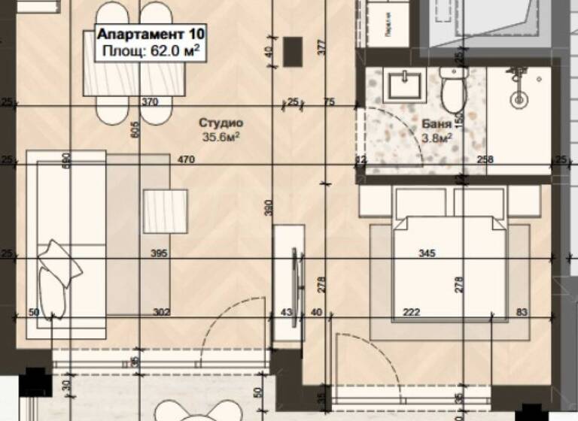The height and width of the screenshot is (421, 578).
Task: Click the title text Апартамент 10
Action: [x=150, y=35]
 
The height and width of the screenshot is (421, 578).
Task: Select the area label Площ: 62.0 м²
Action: [x=150, y=51]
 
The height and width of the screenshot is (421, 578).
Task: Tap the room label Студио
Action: [x=221, y=123]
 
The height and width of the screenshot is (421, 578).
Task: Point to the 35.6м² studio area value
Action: [x=221, y=137]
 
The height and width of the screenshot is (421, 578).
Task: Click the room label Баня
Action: [x=437, y=125]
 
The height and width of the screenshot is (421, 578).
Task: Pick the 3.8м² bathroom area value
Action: [x=437, y=138]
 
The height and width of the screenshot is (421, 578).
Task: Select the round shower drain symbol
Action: [x=518, y=98]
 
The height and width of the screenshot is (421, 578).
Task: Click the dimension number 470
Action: [x=186, y=159]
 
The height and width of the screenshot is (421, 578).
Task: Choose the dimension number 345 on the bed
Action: [x=427, y=255]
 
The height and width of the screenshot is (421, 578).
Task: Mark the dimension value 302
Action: [x=161, y=312]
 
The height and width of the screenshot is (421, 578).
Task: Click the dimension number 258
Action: [x=486, y=159]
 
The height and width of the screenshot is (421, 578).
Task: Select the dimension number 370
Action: [x=151, y=101]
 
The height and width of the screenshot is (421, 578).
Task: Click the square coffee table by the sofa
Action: [x=165, y=210]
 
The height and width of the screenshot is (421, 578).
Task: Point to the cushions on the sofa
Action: [x=56, y=278]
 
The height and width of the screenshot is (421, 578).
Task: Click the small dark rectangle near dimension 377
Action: [x=294, y=50]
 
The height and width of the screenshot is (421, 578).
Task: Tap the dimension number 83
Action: [x=522, y=312]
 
